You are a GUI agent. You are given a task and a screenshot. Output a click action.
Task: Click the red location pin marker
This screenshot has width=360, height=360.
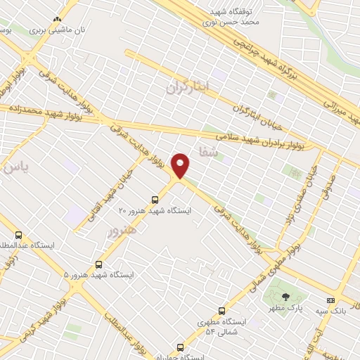pos(181,165)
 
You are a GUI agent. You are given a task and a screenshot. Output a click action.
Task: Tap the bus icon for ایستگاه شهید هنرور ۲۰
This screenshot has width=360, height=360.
pos(155,199)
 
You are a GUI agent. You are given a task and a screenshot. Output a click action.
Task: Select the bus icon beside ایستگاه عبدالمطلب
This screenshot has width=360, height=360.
pos(18,236)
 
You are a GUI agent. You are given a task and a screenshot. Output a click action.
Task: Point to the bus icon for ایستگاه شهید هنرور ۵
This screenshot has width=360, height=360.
pos(98,264)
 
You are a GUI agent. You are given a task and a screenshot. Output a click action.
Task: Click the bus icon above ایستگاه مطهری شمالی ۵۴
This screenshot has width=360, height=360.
pos(222,310)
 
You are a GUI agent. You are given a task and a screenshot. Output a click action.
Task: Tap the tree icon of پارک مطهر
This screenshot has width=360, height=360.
pos(285,297)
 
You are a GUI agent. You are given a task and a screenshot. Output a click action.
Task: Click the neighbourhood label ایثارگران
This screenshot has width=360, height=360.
pos(188,87)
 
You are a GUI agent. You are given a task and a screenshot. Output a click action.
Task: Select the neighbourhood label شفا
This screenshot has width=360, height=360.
pos(210,150)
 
